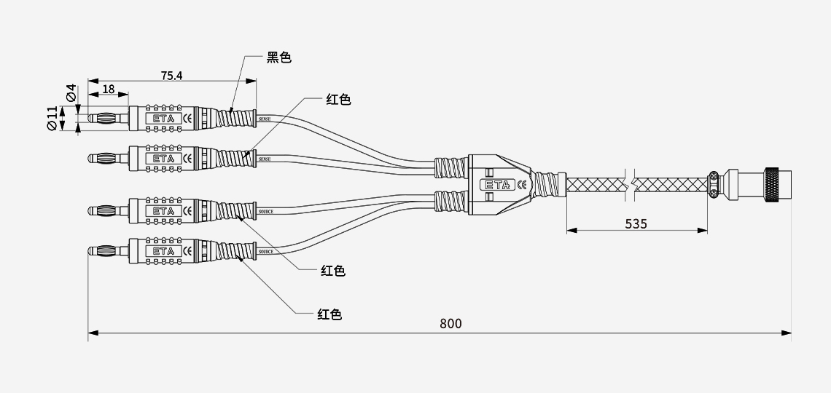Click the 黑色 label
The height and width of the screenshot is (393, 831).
point(278,57)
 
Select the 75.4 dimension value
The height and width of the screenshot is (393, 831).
point(171,76)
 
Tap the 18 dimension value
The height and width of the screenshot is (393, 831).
point(109,89)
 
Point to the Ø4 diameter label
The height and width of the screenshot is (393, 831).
point(71,93)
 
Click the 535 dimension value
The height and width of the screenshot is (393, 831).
point(636,223)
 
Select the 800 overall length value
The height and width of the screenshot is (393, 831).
point(450,324)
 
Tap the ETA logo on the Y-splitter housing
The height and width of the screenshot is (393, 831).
point(499,184)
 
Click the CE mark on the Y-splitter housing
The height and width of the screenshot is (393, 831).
point(522,184)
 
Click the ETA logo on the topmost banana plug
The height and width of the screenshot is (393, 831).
point(164,118)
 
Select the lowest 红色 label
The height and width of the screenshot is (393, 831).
point(329,314)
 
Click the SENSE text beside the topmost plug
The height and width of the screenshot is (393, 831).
point(265,118)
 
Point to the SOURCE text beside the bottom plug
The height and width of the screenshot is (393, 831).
point(266,252)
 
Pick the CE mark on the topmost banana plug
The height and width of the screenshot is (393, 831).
point(187,118)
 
